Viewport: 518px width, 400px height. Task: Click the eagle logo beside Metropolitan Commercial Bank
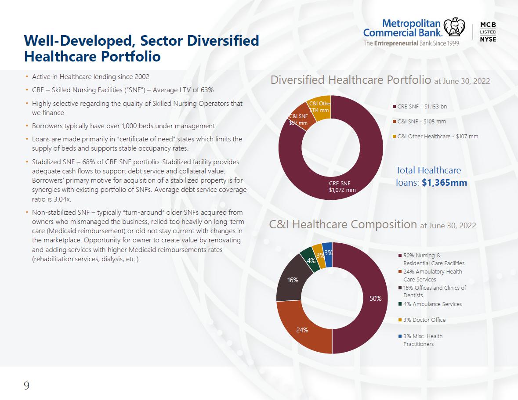454,27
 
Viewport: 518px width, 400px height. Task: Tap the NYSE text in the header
488,39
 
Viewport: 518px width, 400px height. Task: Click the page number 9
26,385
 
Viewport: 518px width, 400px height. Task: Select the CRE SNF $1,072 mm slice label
342,187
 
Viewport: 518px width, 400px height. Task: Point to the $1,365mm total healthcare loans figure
444,183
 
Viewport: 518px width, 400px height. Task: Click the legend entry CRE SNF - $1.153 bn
420,106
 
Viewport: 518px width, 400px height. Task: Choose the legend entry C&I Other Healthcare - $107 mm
435,136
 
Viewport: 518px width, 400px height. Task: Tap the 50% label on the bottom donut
375,298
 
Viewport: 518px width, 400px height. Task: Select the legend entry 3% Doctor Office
422,320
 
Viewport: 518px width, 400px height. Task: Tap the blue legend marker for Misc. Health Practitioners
400,336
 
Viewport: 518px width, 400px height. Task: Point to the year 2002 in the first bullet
142,77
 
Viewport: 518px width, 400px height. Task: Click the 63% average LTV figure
207,90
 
